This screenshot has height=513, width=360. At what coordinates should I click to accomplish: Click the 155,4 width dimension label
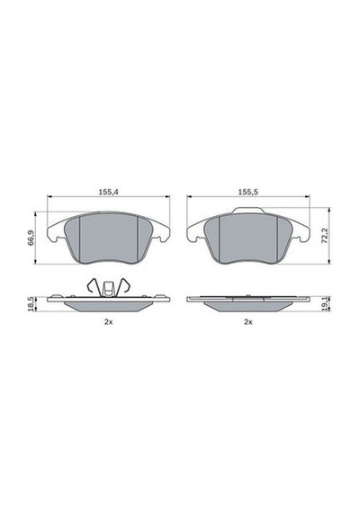tap(108, 192)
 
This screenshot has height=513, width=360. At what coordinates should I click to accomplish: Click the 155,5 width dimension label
tap(248, 192)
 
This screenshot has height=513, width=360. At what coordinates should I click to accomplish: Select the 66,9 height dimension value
tap(31, 238)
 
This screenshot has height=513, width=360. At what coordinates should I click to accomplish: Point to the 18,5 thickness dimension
tap(31, 304)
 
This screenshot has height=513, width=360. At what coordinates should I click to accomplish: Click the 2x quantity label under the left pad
tap(108, 322)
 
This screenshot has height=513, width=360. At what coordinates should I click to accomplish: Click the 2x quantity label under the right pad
tap(248, 322)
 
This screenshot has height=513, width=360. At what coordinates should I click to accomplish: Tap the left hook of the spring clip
tap(92, 285)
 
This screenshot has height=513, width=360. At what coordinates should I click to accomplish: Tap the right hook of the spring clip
tap(124, 285)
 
